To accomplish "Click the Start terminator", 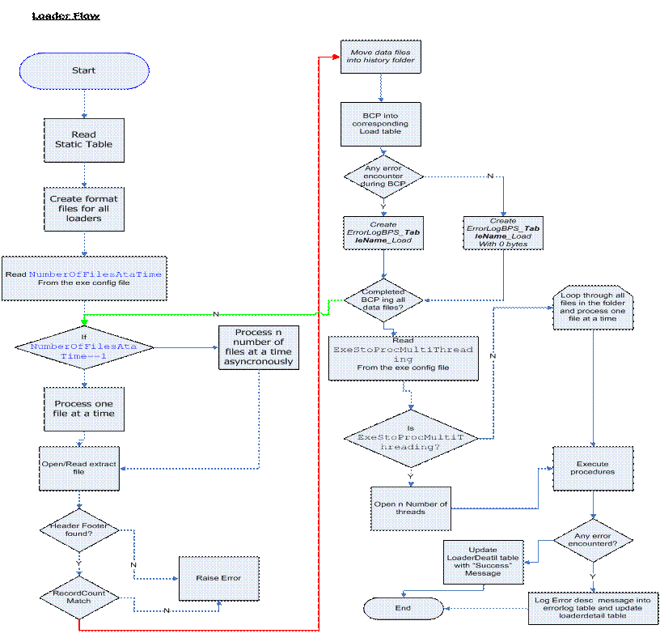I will click(x=84, y=70).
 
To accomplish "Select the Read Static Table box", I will click(x=84, y=139).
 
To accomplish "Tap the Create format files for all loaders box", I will click(x=84, y=209).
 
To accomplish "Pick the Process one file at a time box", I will click(x=84, y=408).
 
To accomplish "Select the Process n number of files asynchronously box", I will click(x=259, y=347).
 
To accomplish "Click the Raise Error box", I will click(x=218, y=579).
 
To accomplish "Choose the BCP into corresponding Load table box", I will click(x=381, y=124).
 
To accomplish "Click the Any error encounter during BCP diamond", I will click(x=383, y=176).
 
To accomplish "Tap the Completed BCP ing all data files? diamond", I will click(x=383, y=299).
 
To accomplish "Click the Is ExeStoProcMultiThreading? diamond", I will click(x=412, y=437).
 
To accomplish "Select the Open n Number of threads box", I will click(x=411, y=508).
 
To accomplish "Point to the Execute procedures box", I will click(x=592, y=468).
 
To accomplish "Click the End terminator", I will click(x=403, y=608).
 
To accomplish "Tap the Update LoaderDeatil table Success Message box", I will click(x=484, y=562).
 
